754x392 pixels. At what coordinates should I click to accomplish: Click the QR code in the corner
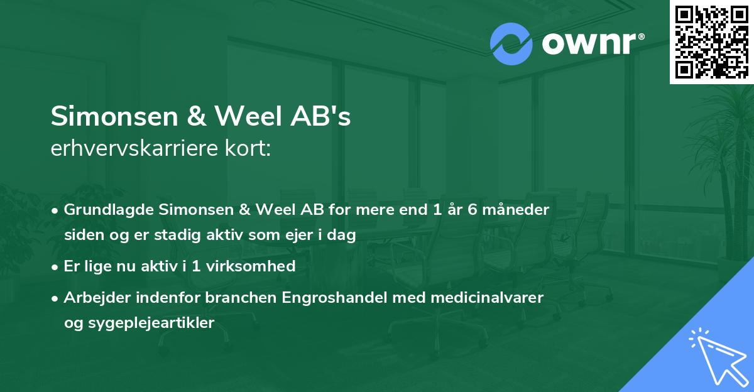click(711, 41)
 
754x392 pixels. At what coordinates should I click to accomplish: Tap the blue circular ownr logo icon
click(511, 44)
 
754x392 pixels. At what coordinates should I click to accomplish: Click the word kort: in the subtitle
click(249, 149)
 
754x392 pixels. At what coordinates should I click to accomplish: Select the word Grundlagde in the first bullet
click(102, 209)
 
